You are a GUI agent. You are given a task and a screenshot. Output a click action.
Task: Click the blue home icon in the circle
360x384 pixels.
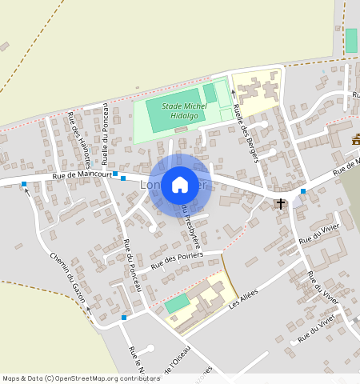(x=180, y=185)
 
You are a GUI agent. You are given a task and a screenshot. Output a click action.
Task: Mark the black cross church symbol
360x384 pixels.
(x=281, y=204)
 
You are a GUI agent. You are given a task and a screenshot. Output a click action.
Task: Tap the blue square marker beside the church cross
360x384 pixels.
(x=303, y=191)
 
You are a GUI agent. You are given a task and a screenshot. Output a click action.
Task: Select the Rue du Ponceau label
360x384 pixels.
(x=132, y=264)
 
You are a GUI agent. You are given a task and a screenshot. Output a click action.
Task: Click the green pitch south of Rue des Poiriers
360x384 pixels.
(x=178, y=303)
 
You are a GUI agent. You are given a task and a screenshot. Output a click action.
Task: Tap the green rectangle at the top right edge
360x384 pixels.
(x=350, y=41)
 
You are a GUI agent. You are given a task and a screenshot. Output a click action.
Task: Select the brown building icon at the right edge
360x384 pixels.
(x=355, y=140)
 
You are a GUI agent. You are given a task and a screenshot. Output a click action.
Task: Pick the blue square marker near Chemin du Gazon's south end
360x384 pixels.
(x=124, y=318)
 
